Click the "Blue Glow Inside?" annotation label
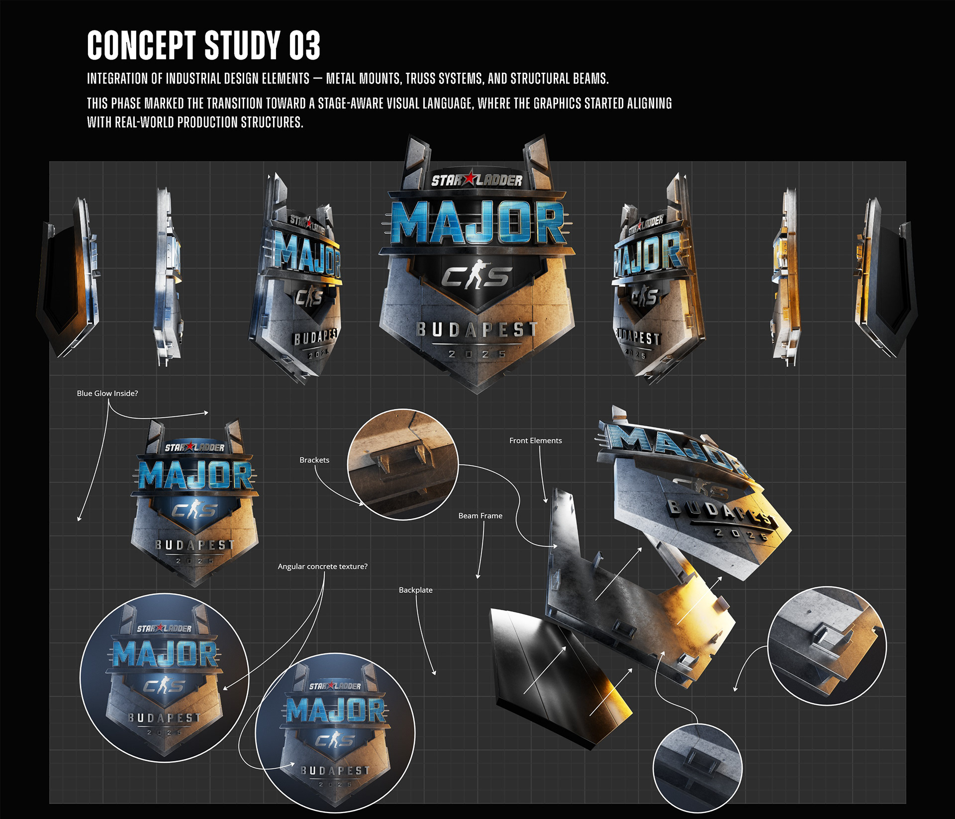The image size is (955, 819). [107, 393]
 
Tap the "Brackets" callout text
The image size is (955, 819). [314, 460]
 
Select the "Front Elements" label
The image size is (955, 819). [535, 441]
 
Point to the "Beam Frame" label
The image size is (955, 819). [480, 516]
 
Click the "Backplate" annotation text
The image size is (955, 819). [415, 590]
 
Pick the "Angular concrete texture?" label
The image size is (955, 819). [322, 566]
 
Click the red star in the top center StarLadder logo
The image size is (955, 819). [469, 179]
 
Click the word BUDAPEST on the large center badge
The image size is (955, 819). [477, 329]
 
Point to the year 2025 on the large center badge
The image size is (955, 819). [477, 354]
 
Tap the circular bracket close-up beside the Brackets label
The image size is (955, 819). [402, 464]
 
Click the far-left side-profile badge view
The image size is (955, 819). [69, 278]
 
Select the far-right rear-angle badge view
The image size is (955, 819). [885, 278]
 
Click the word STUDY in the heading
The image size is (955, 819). [242, 45]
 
